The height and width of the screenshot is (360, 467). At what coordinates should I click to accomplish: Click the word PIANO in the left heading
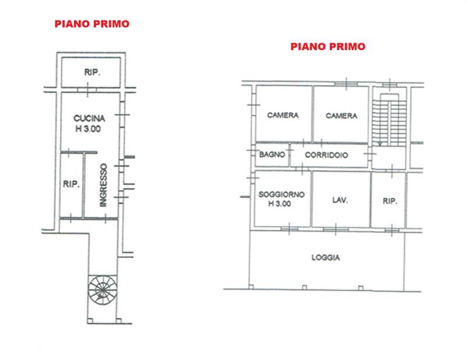click(72, 24)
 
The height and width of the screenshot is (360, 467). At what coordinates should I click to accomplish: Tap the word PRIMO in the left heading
click(110, 24)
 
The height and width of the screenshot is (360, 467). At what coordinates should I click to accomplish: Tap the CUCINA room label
click(89, 118)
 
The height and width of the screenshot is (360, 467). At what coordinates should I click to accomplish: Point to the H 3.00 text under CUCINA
click(89, 129)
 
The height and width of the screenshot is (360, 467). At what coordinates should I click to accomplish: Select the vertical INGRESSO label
click(103, 184)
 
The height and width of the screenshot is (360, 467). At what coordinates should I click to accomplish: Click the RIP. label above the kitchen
click(91, 73)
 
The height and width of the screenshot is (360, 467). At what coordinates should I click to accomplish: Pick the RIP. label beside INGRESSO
click(71, 184)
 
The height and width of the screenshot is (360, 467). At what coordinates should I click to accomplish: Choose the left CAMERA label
click(283, 116)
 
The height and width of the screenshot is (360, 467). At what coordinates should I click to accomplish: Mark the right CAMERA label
click(341, 116)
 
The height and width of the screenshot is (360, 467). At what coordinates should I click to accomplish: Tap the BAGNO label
click(272, 155)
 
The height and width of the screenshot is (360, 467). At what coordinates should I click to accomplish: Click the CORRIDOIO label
click(327, 155)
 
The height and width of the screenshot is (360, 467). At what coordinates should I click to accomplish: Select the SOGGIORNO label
click(281, 194)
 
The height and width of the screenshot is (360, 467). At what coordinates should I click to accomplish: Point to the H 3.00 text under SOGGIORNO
click(281, 204)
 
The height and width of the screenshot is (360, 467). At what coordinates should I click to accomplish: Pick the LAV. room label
click(340, 200)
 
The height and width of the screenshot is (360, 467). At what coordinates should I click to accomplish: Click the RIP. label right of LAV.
click(390, 201)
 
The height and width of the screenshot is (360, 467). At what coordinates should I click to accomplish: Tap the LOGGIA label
click(326, 257)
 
